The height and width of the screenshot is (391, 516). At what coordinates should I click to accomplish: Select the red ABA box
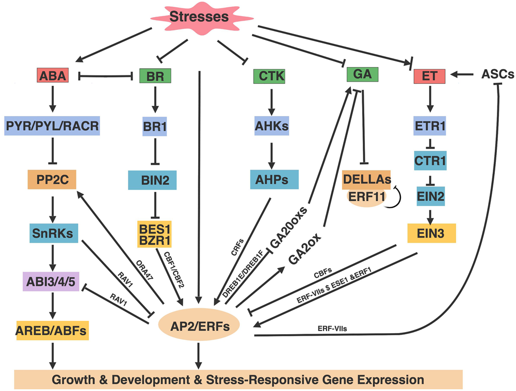[53, 76]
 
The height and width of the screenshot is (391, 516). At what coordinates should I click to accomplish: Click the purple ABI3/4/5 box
[51, 283]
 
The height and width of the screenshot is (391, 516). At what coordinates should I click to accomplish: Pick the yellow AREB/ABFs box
[51, 330]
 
